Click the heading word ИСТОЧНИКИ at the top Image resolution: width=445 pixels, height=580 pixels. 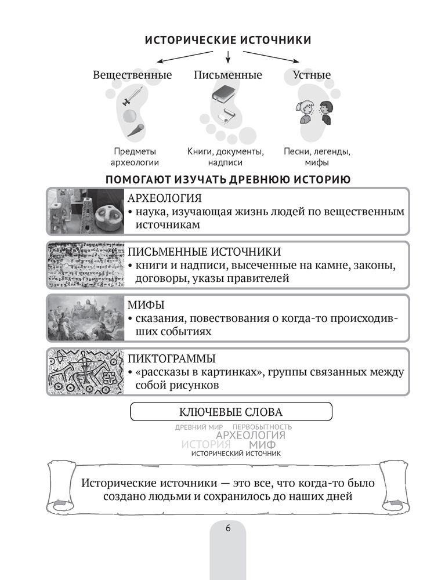[x=273, y=40]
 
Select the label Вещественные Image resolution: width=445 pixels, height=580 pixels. [x=132, y=75]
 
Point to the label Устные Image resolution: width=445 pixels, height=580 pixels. [x=312, y=75]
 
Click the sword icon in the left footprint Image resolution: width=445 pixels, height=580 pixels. [x=133, y=96]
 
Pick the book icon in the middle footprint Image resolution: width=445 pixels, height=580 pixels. [x=222, y=93]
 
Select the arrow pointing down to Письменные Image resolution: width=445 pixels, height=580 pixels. [x=228, y=56]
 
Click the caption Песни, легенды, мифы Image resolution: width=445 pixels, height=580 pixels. [x=316, y=157]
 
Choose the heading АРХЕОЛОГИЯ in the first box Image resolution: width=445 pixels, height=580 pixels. [x=165, y=198]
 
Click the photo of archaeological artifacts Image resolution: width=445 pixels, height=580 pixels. [x=85, y=211]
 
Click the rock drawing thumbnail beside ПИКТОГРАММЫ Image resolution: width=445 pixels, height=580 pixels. [x=85, y=371]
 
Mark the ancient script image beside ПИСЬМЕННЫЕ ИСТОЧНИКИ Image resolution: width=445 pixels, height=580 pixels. [x=85, y=264]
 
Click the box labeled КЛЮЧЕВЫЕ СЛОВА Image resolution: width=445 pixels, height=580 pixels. [x=231, y=412]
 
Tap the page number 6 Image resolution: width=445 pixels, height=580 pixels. [x=227, y=527]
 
